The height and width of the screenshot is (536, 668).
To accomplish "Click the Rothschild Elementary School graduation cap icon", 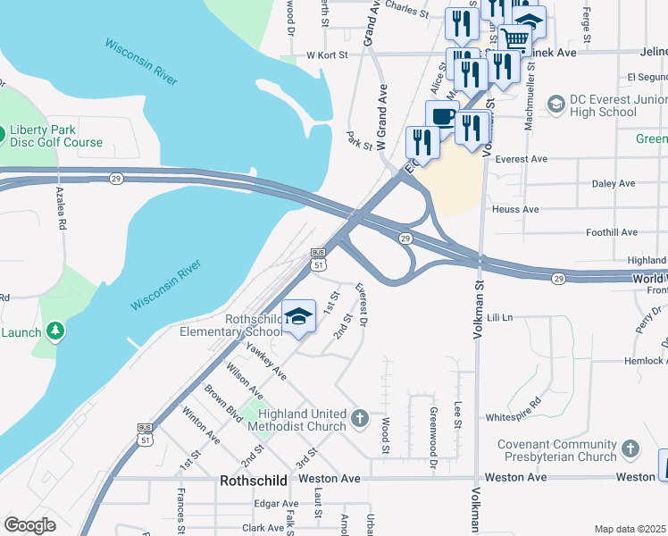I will click(x=299, y=315).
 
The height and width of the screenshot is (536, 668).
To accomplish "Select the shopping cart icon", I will click(x=514, y=38).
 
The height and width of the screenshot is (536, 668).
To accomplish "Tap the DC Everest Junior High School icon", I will click(x=555, y=105).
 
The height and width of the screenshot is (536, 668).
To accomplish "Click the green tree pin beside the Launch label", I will click(x=55, y=331).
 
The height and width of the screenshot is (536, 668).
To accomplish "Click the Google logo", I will click(x=30, y=524).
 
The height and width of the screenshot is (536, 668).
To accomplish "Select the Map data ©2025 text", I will click(x=630, y=529).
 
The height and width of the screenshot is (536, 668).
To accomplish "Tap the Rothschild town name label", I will click(x=254, y=481).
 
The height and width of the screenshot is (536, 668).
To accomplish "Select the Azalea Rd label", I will click(x=62, y=209).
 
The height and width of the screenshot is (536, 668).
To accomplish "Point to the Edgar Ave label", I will click(x=276, y=504).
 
